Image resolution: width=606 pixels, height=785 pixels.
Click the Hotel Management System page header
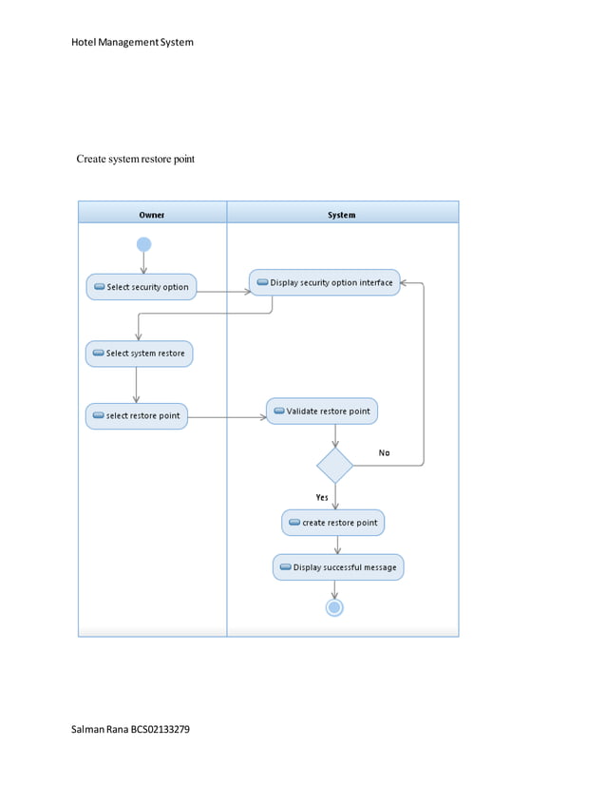(132, 42)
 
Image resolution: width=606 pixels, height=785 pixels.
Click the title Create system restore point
(135, 159)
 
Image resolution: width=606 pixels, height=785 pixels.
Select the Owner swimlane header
(152, 215)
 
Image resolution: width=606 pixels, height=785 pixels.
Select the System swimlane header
(342, 215)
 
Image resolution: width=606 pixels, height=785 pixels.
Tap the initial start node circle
(143, 244)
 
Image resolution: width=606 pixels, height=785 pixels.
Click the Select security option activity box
(142, 287)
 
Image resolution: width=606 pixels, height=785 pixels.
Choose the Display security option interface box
(325, 282)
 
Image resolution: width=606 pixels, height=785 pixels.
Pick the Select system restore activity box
(139, 354)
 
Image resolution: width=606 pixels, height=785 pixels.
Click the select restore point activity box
(137, 416)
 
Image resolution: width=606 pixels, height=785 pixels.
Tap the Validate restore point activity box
(322, 412)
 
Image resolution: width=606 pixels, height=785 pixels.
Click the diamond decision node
(334, 466)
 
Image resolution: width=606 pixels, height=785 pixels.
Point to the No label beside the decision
(384, 453)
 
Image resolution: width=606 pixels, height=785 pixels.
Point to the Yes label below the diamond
(322, 497)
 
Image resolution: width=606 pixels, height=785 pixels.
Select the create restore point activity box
(333, 523)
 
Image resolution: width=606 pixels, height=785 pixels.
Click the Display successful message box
(338, 567)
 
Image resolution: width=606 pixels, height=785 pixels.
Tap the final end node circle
(334, 607)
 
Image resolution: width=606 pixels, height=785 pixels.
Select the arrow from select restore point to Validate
(227, 417)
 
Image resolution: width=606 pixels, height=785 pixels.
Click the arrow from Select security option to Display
(223, 291)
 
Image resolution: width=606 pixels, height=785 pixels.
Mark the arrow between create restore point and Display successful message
(337, 545)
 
